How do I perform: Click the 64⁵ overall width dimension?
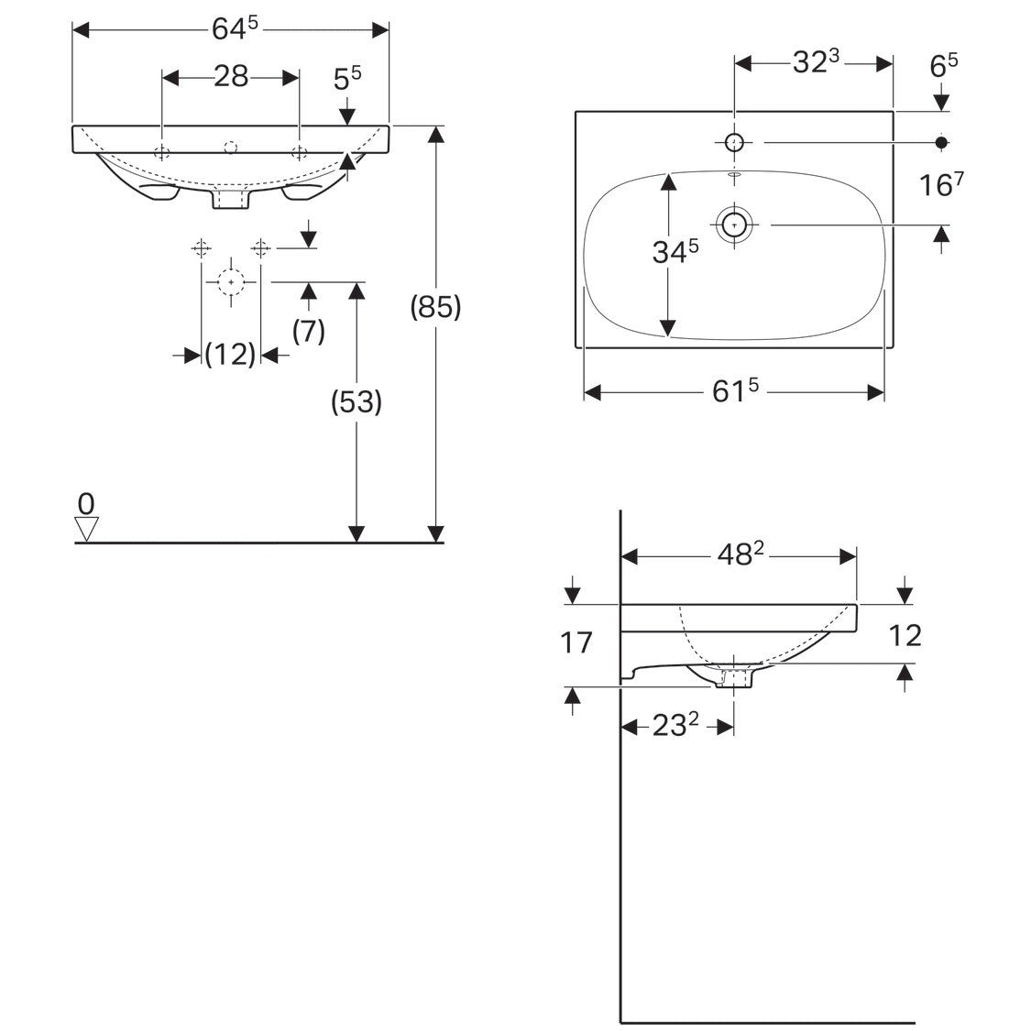coord(235,29)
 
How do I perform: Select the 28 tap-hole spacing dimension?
coord(231,77)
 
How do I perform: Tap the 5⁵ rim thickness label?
coord(347,78)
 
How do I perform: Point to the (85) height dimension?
coord(435,307)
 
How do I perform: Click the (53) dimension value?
coord(356,401)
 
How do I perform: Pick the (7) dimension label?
coord(308,331)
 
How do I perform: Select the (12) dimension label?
coord(230,355)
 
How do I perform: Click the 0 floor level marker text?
coord(86,504)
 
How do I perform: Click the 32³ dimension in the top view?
coord(816,61)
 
